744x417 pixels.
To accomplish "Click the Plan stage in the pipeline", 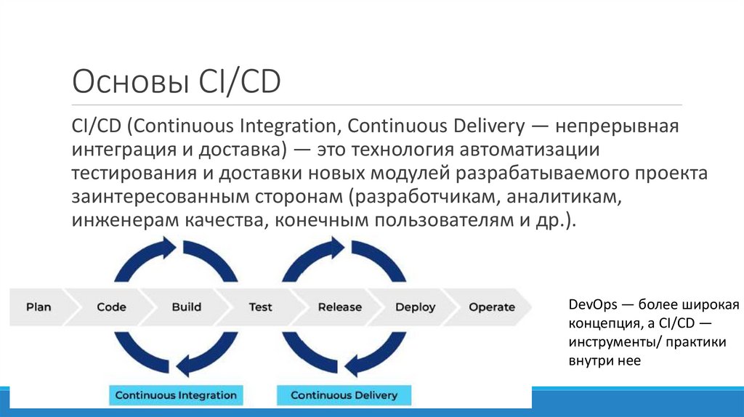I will (39, 307).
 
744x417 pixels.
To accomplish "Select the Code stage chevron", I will (111, 307).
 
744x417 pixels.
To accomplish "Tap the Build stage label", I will (187, 307).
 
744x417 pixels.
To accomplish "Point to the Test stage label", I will (260, 307).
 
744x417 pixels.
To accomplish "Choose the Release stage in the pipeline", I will (339, 307).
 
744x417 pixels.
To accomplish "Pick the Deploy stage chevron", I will (415, 307).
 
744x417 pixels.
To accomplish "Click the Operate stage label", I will (492, 307).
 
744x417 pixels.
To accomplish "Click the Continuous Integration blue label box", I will (176, 395).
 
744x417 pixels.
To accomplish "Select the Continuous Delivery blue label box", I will (344, 395).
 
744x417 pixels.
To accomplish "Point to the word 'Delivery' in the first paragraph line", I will (482, 126).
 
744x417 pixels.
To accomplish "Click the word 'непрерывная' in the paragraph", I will (618, 126).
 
